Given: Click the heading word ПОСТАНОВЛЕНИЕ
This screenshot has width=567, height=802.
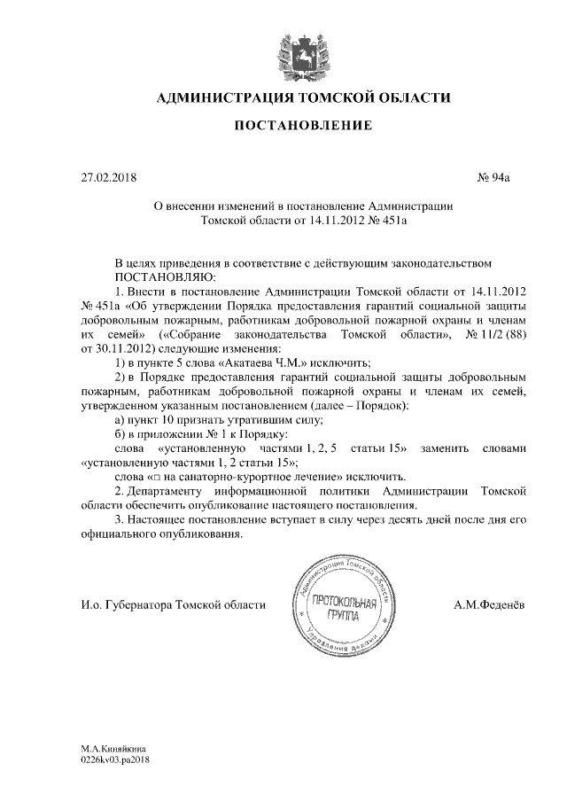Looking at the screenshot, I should pyautogui.click(x=302, y=128).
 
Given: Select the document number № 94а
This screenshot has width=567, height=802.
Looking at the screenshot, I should pyautogui.click(x=494, y=177).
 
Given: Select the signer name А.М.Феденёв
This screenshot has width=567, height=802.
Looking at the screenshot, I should pyautogui.click(x=487, y=605).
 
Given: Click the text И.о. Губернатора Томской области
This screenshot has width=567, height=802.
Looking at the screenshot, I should pyautogui.click(x=173, y=605).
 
